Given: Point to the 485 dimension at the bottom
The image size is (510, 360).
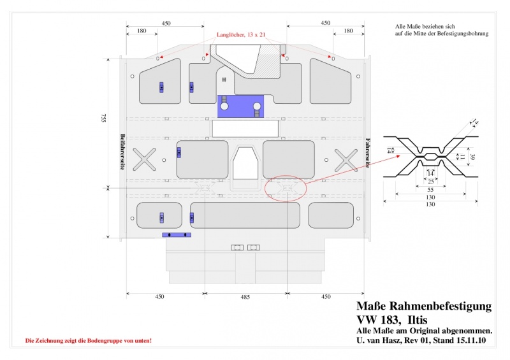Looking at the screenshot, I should pos(245,297).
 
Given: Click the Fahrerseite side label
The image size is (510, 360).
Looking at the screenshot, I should pos(368,152).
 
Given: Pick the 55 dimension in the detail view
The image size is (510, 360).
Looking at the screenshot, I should pos(430,190).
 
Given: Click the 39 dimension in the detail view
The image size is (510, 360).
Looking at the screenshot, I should pos(472,156).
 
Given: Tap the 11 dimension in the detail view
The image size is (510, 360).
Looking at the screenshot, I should pos(463,156).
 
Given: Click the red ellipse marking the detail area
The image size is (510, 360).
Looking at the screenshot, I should pos(286,188).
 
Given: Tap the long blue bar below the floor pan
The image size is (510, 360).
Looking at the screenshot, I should pos(177,235).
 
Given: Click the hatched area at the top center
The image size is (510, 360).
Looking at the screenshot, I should pos(268,61).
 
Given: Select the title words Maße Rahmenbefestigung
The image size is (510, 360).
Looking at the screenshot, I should pos(423,306).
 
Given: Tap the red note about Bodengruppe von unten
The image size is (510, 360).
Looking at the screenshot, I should pos(88,341).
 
